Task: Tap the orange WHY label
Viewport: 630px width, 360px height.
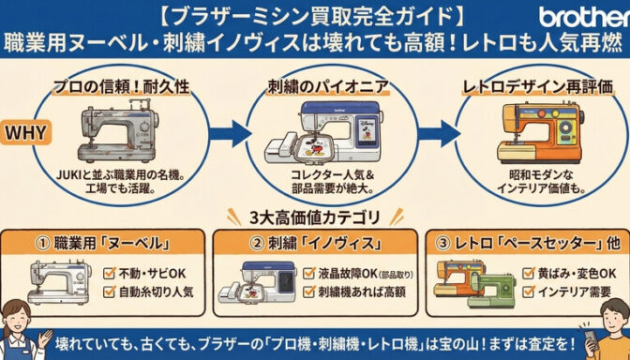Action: tap(25, 132)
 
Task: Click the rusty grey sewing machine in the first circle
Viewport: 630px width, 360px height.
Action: tap(118, 129)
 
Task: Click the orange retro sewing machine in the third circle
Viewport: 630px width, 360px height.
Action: tap(540, 132)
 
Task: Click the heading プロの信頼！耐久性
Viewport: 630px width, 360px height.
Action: tap(121, 87)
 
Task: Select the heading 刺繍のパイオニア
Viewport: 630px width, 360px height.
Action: tap(328, 87)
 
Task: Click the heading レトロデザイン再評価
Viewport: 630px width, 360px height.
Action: tap(538, 87)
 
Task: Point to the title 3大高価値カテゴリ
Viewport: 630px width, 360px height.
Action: tap(315, 218)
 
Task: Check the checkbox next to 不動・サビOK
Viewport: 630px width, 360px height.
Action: tap(110, 274)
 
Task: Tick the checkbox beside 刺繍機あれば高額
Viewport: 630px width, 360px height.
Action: tap(308, 292)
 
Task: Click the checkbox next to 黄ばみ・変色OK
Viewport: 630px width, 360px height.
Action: tap(529, 273)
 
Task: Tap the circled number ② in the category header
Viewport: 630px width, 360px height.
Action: tap(257, 244)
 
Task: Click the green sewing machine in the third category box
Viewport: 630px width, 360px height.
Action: tap(491, 291)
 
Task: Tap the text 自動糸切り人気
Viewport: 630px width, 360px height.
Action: tap(156, 292)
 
